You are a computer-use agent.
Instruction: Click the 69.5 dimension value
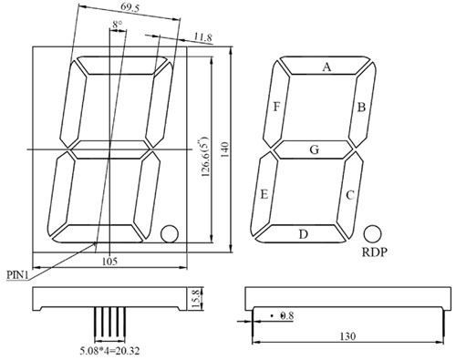130,7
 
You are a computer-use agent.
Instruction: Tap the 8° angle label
118,25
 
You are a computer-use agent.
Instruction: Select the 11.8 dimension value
203,37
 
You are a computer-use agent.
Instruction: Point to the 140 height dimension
225,149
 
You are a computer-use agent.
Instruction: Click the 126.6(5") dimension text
204,158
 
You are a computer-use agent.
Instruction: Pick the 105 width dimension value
109,262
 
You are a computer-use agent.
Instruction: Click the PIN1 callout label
17,275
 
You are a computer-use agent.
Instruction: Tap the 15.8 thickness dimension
198,299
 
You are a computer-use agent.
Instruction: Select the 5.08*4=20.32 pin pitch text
109,351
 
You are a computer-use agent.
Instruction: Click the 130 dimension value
347,336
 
